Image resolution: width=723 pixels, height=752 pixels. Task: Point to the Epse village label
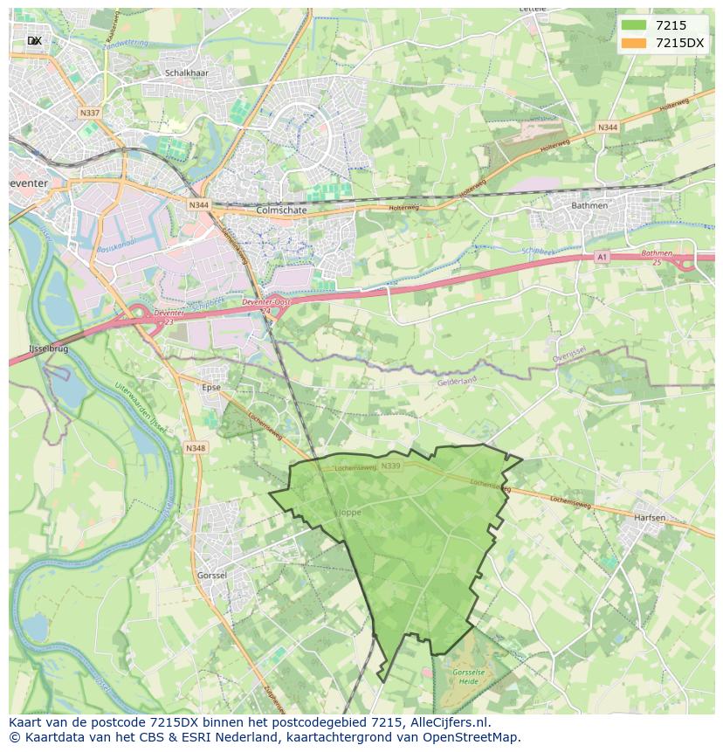pos(210,387)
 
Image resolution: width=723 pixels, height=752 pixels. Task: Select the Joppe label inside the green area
pos(348,513)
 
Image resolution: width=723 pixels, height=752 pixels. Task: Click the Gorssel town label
pos(212,576)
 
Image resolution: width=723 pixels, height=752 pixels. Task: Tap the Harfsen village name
pos(650,518)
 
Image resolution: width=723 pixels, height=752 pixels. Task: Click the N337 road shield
pos(89,113)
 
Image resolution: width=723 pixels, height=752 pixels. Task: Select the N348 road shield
pos(196,448)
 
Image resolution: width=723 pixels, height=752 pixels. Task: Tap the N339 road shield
pos(390,466)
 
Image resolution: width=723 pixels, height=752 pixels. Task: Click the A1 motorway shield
pos(602,257)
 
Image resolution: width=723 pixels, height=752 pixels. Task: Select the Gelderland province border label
pos(458,382)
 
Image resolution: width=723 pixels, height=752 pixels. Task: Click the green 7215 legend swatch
pos(634,24)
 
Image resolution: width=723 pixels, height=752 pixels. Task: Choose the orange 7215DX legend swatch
pos(634,43)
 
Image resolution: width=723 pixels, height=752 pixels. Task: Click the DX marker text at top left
pos(35,41)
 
